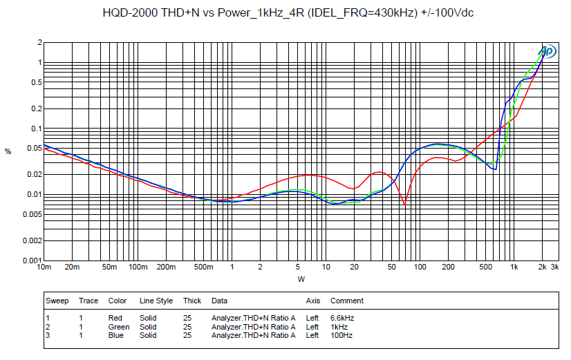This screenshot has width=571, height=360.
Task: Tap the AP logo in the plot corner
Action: click(x=547, y=50)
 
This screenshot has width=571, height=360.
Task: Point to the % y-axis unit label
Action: click(x=8, y=152)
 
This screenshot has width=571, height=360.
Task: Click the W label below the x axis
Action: click(x=301, y=279)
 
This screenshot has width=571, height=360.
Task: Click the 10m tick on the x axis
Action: click(x=44, y=267)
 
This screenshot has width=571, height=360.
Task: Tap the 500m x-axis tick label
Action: click(x=203, y=267)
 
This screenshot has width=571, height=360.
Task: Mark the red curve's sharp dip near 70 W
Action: click(x=405, y=205)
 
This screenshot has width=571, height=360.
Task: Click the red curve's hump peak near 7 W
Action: click(x=308, y=175)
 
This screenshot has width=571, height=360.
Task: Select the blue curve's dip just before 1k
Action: click(x=495, y=169)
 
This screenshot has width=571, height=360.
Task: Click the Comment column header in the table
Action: click(x=347, y=301)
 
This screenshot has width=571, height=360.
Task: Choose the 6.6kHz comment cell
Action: click(x=342, y=318)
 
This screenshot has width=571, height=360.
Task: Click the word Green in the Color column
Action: click(x=119, y=327)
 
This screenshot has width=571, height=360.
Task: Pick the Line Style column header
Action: click(x=156, y=301)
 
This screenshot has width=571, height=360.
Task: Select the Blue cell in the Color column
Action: click(x=116, y=335)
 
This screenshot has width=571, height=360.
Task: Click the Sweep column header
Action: click(x=57, y=301)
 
